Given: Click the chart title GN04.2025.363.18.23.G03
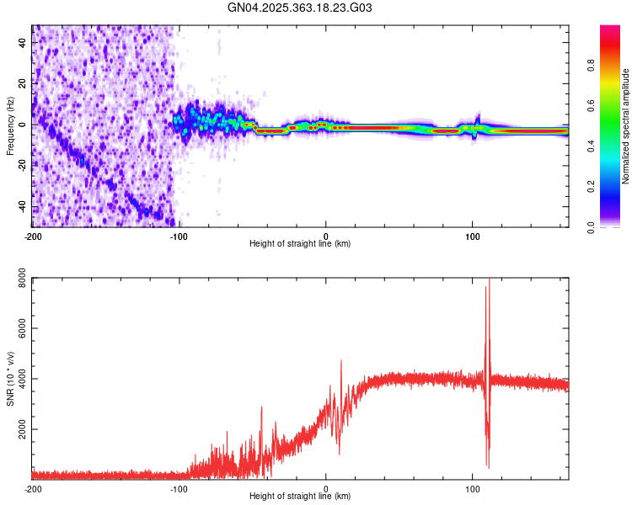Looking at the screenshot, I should (300, 8).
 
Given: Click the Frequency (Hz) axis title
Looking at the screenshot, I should (10, 125).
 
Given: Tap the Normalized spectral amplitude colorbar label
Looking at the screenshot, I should (626, 126).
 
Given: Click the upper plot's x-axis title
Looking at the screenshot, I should (300, 243).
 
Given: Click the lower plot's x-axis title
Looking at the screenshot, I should (300, 496).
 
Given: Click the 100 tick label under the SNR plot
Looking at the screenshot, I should (473, 488).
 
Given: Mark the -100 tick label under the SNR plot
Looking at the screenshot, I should (179, 488).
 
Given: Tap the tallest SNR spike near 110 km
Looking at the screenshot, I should (489, 282).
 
